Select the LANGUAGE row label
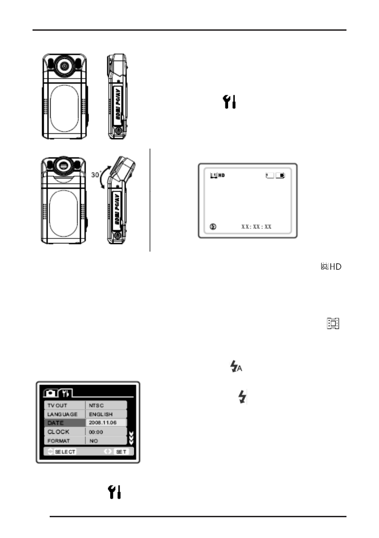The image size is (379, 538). click(x=63, y=414)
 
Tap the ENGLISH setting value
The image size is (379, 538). click(x=100, y=414)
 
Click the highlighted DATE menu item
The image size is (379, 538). click(x=54, y=423)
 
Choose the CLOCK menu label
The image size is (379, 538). click(x=59, y=432)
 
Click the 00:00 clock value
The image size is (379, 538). click(x=96, y=432)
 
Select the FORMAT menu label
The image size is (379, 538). click(x=59, y=440)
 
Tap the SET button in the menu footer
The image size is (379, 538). click(x=122, y=451)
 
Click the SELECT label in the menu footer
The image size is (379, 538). click(x=65, y=451)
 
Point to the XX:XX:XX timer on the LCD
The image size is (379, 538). click(x=256, y=227)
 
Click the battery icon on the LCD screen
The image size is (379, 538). click(x=281, y=175)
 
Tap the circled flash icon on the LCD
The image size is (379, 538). click(x=213, y=227)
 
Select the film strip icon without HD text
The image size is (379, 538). click(x=333, y=323)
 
